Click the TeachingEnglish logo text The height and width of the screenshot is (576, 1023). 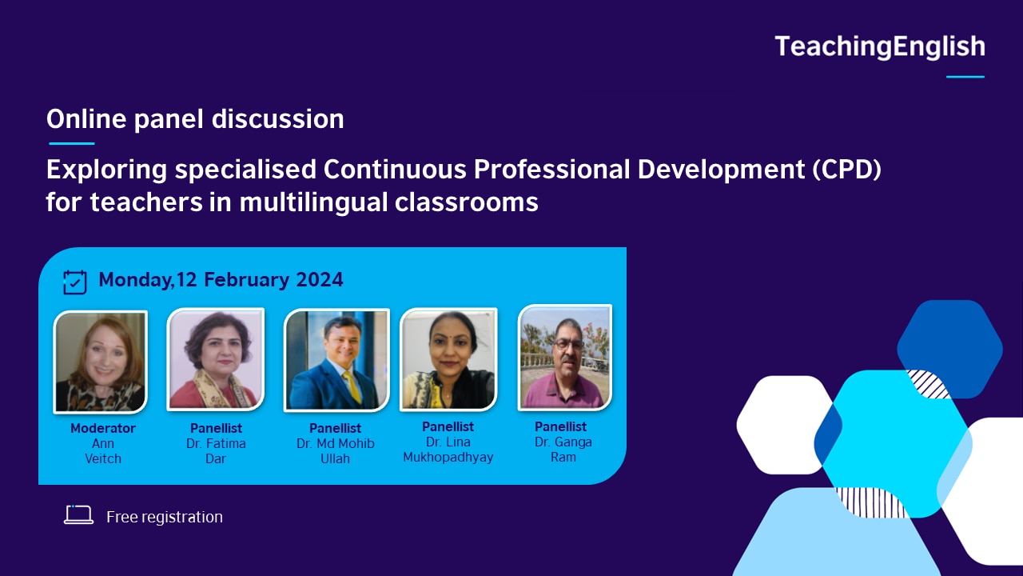pos(879,47)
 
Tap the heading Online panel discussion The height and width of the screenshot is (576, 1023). pos(195,119)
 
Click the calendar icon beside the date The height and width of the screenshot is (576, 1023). pos(74,282)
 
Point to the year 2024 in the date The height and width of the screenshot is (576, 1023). pos(320,280)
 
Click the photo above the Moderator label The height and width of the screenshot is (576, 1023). pos(100,362)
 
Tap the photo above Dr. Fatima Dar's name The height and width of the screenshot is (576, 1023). pos(215,359)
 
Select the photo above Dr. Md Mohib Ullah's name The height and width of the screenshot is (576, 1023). pos(336,359)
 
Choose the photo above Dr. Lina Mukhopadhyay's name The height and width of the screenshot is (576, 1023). pos(448,359)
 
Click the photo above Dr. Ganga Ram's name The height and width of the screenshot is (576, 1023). pos(564,357)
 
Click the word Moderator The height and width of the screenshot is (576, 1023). pos(103,428)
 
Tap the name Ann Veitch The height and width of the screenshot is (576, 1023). pos(103,451)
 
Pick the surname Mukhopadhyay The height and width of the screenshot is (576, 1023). pos(448,458)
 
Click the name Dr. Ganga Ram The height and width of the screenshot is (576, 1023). pos(563,450)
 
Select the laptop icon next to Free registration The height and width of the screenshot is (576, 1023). pos(78,516)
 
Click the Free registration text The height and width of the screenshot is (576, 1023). pos(165,517)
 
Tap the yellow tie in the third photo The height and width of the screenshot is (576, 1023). pos(352,387)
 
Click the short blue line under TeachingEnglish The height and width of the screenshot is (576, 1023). pos(965,77)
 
